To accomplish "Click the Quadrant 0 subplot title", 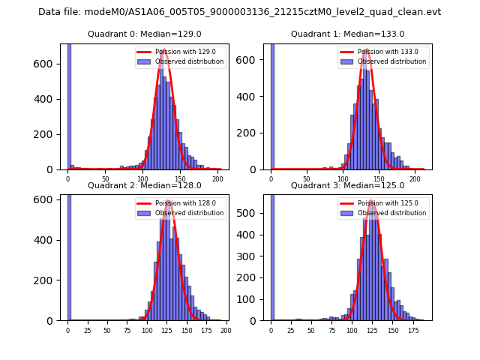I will [x=145, y=34].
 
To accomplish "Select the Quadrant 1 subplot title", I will [x=347, y=34].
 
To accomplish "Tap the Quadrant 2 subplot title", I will [x=145, y=185].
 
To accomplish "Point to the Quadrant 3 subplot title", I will [x=347, y=185].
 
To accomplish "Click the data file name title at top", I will [x=240, y=12].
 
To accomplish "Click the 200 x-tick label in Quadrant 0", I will [x=217, y=180].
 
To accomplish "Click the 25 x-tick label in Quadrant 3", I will [x=291, y=331].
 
